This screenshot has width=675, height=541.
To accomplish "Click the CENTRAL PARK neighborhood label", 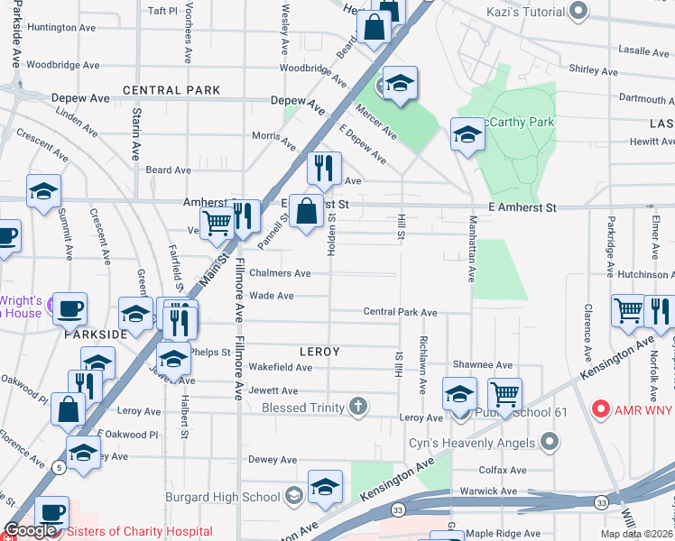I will tap(171, 90).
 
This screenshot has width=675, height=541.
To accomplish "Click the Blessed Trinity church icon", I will tap(358, 407).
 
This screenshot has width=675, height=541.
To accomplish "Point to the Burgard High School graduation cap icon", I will tap(293, 495).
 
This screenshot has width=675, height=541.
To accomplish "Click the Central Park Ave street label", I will tap(400, 312).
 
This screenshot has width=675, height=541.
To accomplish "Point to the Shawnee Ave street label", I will tap(483, 364).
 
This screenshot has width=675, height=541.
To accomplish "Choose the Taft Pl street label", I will tap(162, 11).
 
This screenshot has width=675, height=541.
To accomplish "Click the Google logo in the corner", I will tap(31, 530).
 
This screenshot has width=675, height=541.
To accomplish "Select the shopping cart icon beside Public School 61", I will tap(504, 393).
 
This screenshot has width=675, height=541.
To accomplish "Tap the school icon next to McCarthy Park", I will tap(467, 135).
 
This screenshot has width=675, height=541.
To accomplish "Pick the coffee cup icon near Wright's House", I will tap(69, 308).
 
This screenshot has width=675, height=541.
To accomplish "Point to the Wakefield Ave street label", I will tap(281, 367).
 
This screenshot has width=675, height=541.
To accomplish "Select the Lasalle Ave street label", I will tap(643, 51).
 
